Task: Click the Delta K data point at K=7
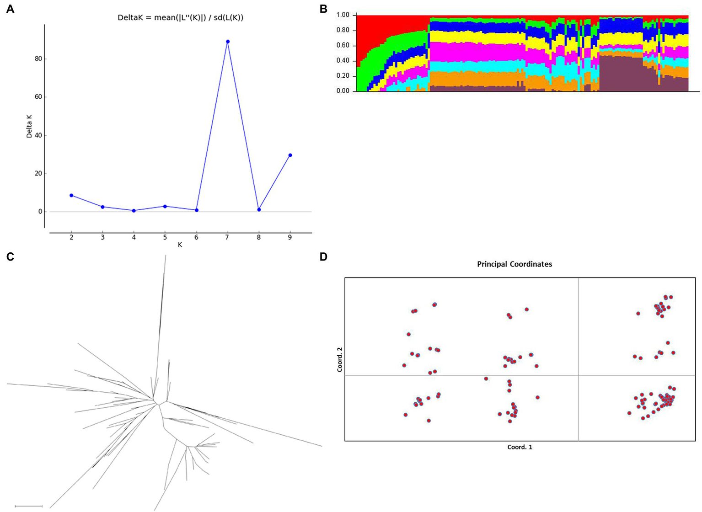[228, 42]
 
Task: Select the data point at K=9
[290, 155]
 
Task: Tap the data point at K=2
[71, 195]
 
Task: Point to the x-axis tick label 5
[165, 237]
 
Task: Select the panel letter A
[10, 9]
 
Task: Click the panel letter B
[323, 9]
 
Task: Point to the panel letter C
[10, 257]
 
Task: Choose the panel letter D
[323, 257]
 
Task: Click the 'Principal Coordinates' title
[514, 264]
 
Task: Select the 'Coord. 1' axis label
[520, 447]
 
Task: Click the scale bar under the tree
[28, 506]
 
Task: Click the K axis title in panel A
[180, 245]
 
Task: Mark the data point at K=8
[259, 209]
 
